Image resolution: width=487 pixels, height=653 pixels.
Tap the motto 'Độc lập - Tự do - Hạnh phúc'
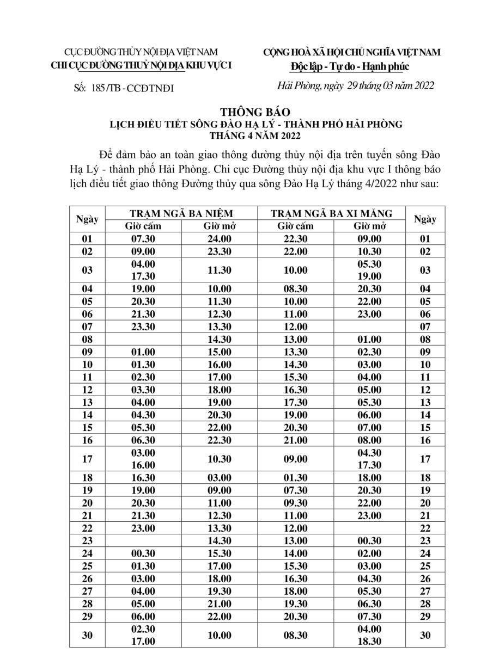[x=349, y=66]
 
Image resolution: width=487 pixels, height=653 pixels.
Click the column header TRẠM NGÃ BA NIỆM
[x=180, y=213]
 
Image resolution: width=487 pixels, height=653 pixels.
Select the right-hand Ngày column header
[x=425, y=219]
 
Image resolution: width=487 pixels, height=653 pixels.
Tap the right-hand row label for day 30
[x=425, y=635]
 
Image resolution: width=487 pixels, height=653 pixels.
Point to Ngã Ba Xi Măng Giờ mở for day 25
[x=369, y=566]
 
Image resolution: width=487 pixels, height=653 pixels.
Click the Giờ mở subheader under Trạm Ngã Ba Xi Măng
[x=369, y=225]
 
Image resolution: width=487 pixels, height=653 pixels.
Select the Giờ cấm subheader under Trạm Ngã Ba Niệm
[x=143, y=225]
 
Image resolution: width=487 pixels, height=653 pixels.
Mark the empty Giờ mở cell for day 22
[x=369, y=528]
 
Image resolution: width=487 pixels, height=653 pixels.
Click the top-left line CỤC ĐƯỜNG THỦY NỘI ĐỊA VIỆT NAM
[x=141, y=52]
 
